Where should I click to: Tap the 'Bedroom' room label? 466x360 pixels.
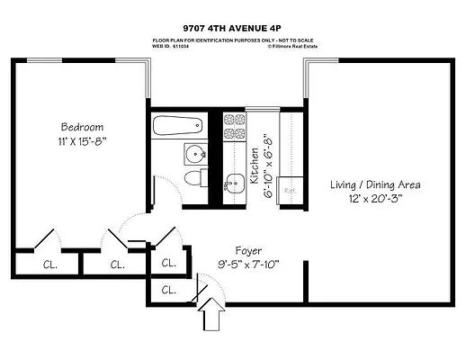82,126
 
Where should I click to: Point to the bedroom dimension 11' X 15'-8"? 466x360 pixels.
82,142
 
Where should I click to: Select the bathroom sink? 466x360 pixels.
195,154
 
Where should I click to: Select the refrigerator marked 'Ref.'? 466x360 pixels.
291,191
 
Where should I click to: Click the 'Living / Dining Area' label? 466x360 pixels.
375,184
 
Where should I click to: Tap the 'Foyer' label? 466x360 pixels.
248,249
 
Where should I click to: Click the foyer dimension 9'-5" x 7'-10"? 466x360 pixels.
248,265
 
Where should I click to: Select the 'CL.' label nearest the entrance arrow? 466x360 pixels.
169,290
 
